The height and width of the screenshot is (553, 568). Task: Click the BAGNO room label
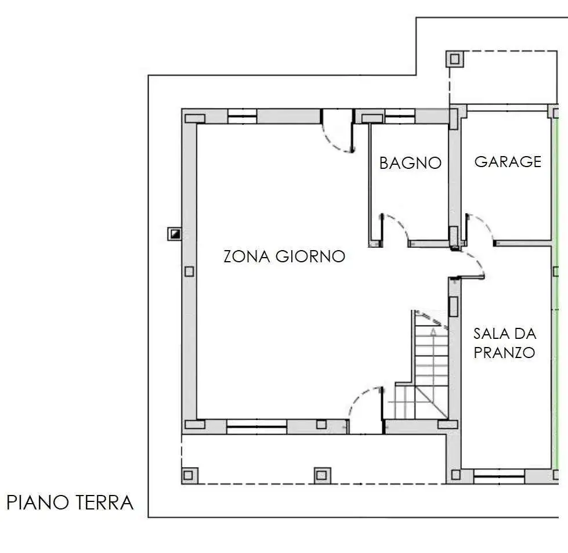click(410, 163)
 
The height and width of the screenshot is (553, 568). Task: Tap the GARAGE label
click(508, 162)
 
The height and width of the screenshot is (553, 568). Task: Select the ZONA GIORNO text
click(284, 256)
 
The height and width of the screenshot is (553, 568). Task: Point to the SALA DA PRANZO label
click(505, 343)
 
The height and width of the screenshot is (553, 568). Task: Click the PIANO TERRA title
click(70, 503)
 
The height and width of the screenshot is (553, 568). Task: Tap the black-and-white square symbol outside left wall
click(175, 234)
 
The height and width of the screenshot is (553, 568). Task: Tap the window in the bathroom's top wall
click(400, 116)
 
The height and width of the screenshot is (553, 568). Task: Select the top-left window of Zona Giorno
click(243, 116)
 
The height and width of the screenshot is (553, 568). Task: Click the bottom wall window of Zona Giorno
click(257, 427)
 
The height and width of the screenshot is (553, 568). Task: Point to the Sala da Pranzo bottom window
click(499, 476)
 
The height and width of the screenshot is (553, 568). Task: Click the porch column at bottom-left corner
click(188, 475)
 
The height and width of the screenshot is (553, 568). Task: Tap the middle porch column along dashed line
click(322, 475)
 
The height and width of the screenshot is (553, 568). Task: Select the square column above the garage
click(455, 59)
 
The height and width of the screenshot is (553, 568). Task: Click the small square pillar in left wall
click(189, 272)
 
